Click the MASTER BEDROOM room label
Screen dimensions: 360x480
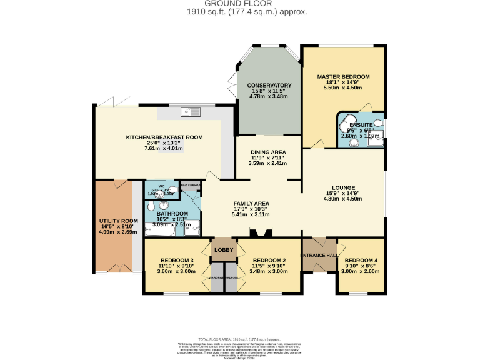pyautogui.click(x=343, y=76)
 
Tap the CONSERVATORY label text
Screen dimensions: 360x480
pyautogui.click(x=269, y=85)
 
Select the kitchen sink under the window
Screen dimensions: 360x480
pyautogui.click(x=191, y=112)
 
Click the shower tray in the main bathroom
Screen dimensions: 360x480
pyautogui.click(x=192, y=227)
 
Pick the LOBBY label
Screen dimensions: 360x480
pyautogui.click(x=224, y=250)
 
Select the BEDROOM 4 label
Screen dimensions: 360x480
pyautogui.click(x=362, y=260)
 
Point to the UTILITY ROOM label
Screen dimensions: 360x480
pyautogui.click(x=118, y=221)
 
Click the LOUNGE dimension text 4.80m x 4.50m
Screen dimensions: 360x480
pyautogui.click(x=343, y=199)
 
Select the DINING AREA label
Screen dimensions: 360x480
pyautogui.click(x=268, y=152)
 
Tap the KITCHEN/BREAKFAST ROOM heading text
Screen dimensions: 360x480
pyautogui.click(x=164, y=137)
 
